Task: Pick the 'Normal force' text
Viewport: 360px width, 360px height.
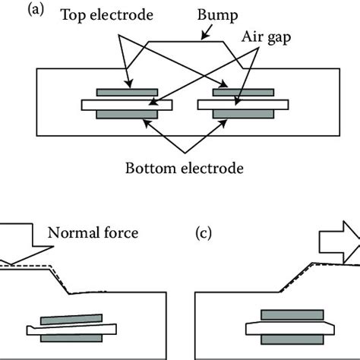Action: (93, 232)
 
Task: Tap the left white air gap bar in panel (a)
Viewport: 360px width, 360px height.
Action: (127, 103)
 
